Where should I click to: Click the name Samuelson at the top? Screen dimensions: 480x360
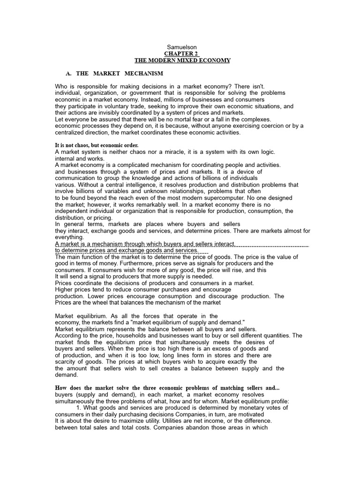pos(182,47)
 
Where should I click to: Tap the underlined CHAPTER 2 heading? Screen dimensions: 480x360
pos(182,54)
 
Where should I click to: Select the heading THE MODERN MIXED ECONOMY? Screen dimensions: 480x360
pos(182,60)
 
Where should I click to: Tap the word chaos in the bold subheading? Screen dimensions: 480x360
pos(84,145)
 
